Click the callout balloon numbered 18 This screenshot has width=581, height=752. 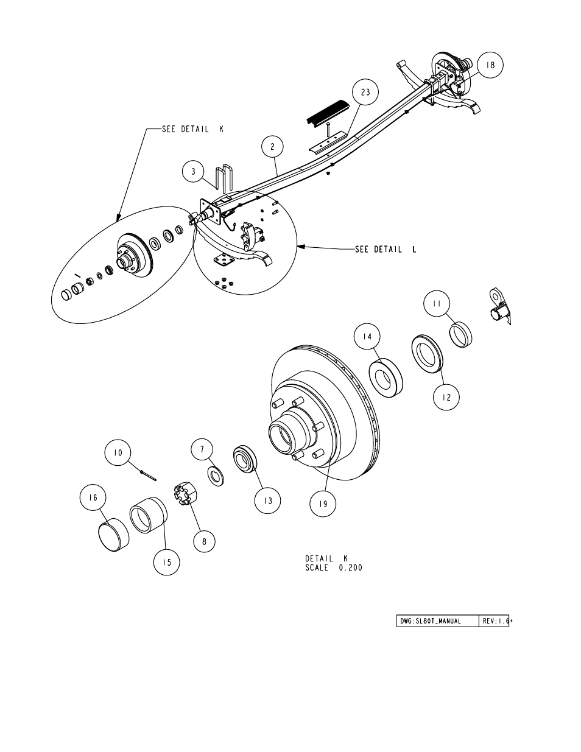490,65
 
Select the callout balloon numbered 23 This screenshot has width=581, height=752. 365,92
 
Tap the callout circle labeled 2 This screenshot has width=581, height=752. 272,147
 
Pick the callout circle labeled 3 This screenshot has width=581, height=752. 194,171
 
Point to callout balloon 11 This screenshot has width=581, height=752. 437,303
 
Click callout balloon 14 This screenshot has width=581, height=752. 367,336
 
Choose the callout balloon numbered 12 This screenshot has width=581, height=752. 446,397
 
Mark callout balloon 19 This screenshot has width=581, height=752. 323,504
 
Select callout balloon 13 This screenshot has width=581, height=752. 267,501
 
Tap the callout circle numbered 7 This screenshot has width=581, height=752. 202,449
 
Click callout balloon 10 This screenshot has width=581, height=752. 118,452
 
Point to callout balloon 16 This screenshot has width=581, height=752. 93,497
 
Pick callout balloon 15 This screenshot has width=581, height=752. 167,562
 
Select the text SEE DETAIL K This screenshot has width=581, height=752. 192,129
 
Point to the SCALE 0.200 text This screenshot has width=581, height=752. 334,568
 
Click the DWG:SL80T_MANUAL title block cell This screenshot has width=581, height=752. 438,621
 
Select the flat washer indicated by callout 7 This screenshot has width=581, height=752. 215,476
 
